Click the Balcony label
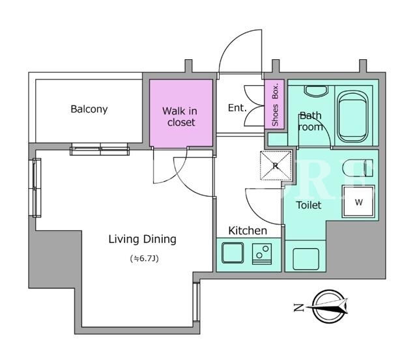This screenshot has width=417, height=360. [89, 109]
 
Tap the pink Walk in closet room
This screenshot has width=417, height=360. [181, 113]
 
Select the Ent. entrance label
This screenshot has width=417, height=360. [237, 108]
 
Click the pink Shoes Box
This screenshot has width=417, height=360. [274, 104]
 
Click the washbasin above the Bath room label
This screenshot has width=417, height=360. [315, 91]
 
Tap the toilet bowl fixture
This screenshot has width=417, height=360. [358, 168]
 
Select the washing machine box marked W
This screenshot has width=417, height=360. [358, 202]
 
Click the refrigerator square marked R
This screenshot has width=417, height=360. [276, 165]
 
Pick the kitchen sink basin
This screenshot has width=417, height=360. [233, 253]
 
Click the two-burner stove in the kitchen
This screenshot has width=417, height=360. [262, 254]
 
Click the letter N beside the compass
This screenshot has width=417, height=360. [298, 307]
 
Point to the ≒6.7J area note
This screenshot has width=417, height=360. [145, 258]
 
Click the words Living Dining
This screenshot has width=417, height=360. [142, 239]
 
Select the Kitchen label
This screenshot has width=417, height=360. [248, 230]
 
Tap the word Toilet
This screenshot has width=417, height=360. [308, 205]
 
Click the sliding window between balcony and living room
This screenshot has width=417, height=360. [100, 149]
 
